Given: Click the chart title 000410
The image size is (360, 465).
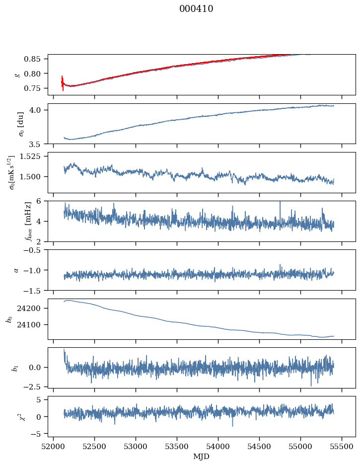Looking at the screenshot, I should [x=196, y=9].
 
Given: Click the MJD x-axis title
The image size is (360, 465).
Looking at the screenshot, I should [x=201, y=456].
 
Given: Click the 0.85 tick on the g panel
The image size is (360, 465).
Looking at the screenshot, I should [x=35, y=59].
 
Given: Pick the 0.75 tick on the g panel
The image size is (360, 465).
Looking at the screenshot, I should [x=35, y=88].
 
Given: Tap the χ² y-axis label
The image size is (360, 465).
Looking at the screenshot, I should [x=9, y=416].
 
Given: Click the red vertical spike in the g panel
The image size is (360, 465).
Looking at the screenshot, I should [x=63, y=82].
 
